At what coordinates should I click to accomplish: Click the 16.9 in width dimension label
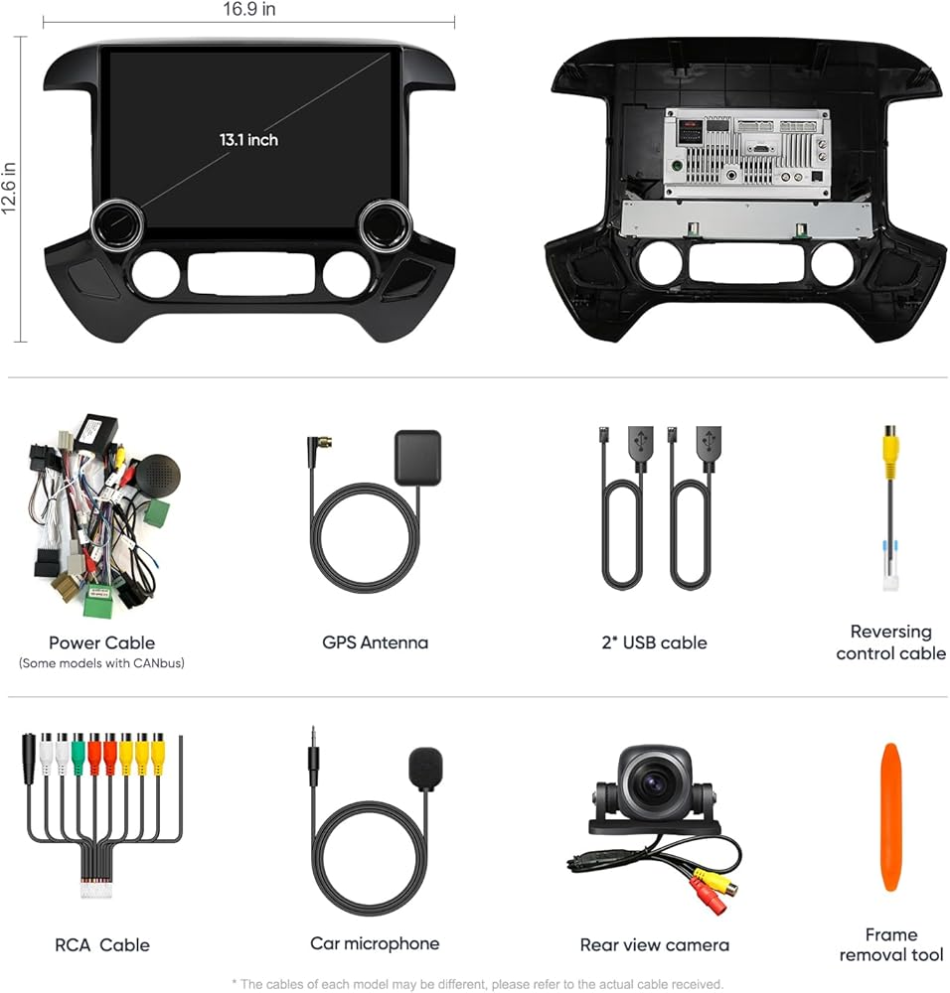pos(249,9)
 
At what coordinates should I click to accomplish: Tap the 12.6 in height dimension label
pos(9,188)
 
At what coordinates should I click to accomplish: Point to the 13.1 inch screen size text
pos(248,139)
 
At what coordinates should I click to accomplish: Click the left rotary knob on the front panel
pos(117,223)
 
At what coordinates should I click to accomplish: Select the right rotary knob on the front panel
pos(386,223)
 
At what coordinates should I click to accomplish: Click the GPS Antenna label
pos(376,642)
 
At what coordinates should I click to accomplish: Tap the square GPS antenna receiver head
pos(417,457)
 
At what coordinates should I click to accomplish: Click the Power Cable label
pos(101,642)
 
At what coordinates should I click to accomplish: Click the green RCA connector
pos(78,755)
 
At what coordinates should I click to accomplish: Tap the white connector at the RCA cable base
pos(95,888)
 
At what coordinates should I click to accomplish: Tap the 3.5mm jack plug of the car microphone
pos(313,756)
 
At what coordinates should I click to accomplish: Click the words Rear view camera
pos(655,945)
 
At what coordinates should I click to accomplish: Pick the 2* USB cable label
pos(654,642)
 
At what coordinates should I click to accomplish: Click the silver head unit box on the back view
pos(747,153)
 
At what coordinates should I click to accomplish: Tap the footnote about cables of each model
pos(477,984)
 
